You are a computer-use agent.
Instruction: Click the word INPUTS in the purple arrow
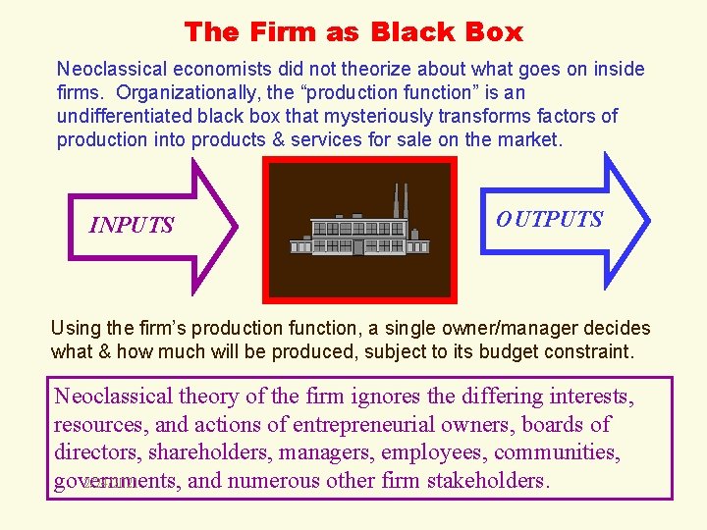click(x=132, y=226)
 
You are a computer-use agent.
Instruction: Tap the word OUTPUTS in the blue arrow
click(x=550, y=219)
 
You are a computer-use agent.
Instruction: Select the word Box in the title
click(x=496, y=31)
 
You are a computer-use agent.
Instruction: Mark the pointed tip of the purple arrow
click(x=236, y=226)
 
